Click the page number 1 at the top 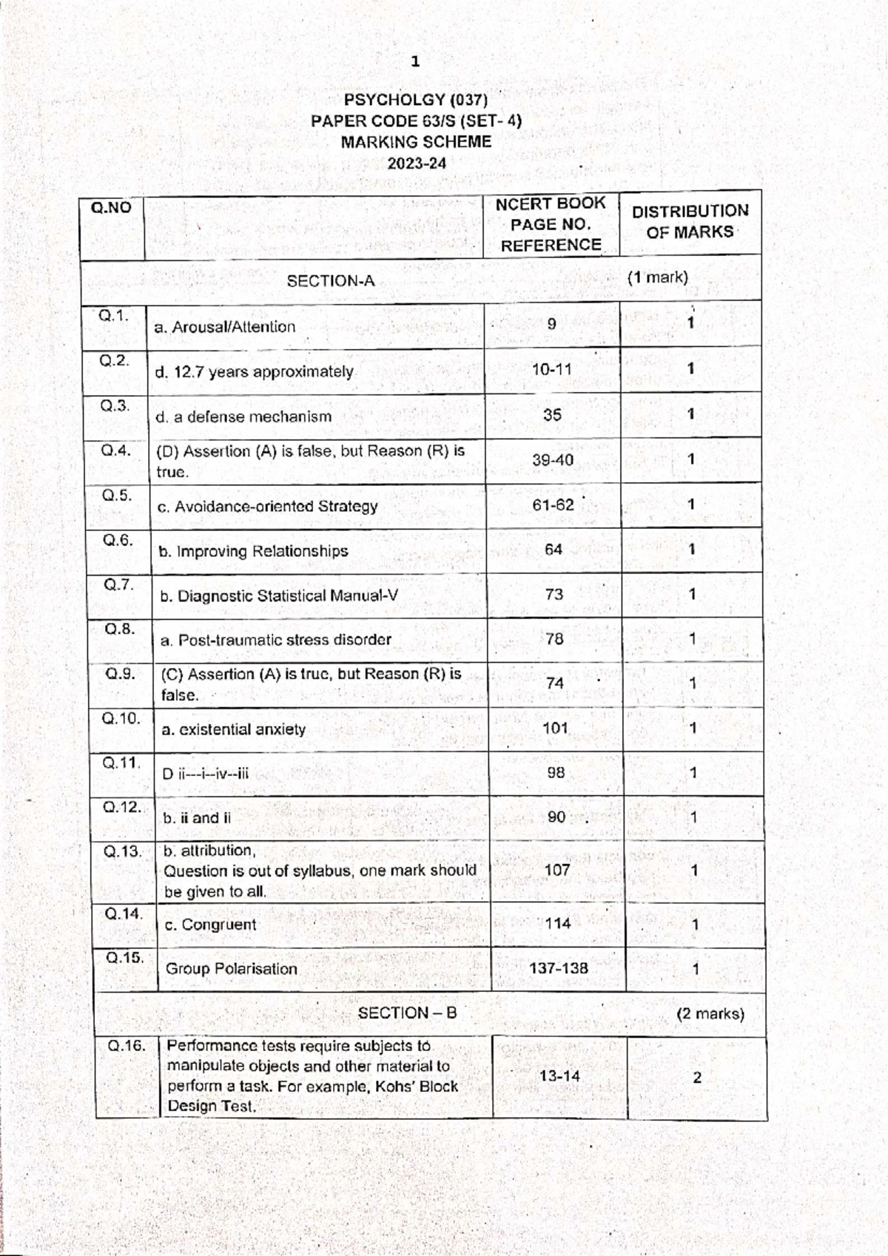click(x=415, y=62)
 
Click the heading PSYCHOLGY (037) click(x=416, y=100)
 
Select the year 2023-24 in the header click(x=417, y=163)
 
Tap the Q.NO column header click(x=111, y=208)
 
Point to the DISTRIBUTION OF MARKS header click(x=690, y=221)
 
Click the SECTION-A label click(x=331, y=281)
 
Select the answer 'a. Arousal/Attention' click(x=225, y=327)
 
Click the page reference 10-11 click(x=552, y=369)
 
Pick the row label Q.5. click(x=117, y=496)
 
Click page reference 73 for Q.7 click(x=554, y=594)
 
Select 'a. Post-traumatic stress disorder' click(x=276, y=641)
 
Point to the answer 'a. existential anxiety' click(x=233, y=730)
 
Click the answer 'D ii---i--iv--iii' click(x=206, y=774)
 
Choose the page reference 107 click(x=557, y=871)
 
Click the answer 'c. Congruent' click(x=210, y=925)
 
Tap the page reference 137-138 click(x=559, y=968)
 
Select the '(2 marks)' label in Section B click(x=710, y=1014)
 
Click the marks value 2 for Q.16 click(x=697, y=1078)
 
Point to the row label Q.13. click(x=122, y=851)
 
